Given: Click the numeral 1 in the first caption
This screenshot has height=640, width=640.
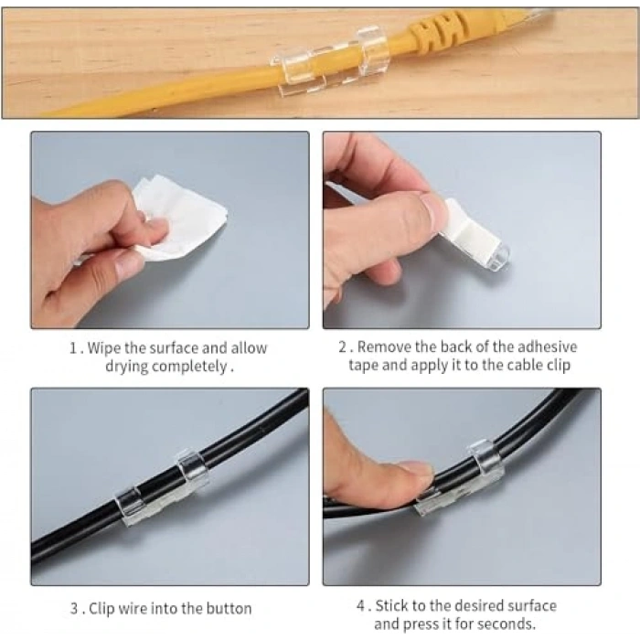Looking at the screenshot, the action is pyautogui.click(x=73, y=348).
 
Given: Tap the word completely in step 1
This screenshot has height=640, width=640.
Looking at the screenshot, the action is pyautogui.click(x=189, y=367).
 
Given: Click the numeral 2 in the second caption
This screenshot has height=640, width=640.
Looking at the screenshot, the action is pyautogui.click(x=343, y=347).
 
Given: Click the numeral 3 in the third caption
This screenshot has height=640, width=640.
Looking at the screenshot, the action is pyautogui.click(x=74, y=609).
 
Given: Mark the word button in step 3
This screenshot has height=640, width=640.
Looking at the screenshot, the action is pyautogui.click(x=229, y=609).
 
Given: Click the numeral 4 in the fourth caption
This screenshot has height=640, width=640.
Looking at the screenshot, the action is pyautogui.click(x=361, y=605).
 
